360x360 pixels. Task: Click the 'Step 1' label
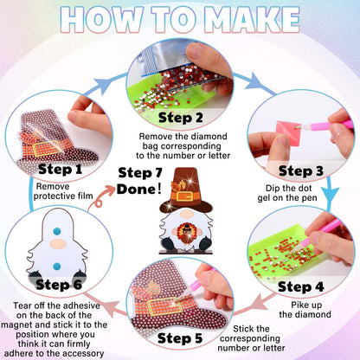pos(60,170)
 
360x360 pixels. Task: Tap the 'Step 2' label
pos(181,118)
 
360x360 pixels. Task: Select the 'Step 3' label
pos(300,171)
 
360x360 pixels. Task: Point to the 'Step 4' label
pos(300,286)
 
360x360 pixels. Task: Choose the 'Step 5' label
pos(180,338)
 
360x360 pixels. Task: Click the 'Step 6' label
pos(59,285)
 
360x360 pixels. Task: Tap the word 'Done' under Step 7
pos(136,190)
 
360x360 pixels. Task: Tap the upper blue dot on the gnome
pos(57,231)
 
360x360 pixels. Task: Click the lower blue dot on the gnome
pos(57,266)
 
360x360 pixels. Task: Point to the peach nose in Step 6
pos(58,244)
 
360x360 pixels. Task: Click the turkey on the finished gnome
pos(185,231)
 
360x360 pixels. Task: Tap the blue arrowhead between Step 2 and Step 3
pos(255,81)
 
